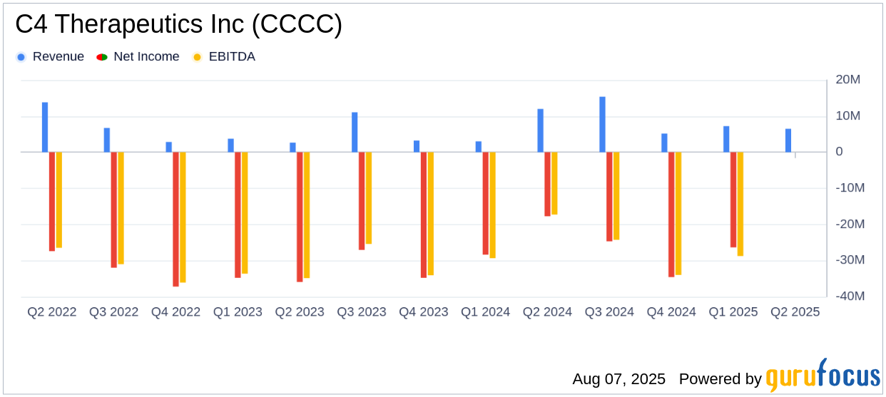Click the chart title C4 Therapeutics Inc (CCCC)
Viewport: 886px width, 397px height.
(x=178, y=25)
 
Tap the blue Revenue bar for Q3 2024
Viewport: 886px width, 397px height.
(x=602, y=125)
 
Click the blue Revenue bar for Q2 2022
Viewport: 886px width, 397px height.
(x=45, y=128)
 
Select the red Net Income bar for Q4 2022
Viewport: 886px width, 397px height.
(x=175, y=219)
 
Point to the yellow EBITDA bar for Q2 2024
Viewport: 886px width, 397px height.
(x=554, y=183)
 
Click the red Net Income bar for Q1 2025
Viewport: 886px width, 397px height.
(x=733, y=200)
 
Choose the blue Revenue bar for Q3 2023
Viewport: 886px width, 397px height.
(x=355, y=133)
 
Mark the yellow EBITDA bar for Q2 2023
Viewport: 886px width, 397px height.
(x=307, y=215)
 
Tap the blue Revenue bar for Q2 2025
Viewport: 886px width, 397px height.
(x=788, y=140)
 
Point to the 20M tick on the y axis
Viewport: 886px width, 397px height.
(x=849, y=80)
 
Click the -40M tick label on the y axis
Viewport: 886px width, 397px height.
(x=849, y=297)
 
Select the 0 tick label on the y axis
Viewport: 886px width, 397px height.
(x=839, y=152)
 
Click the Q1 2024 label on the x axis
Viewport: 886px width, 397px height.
(x=485, y=312)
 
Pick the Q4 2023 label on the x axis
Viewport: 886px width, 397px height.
(x=423, y=312)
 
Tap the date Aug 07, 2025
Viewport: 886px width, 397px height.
(x=618, y=378)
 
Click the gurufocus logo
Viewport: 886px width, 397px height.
(x=823, y=376)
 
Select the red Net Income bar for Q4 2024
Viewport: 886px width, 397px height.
(x=671, y=214)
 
